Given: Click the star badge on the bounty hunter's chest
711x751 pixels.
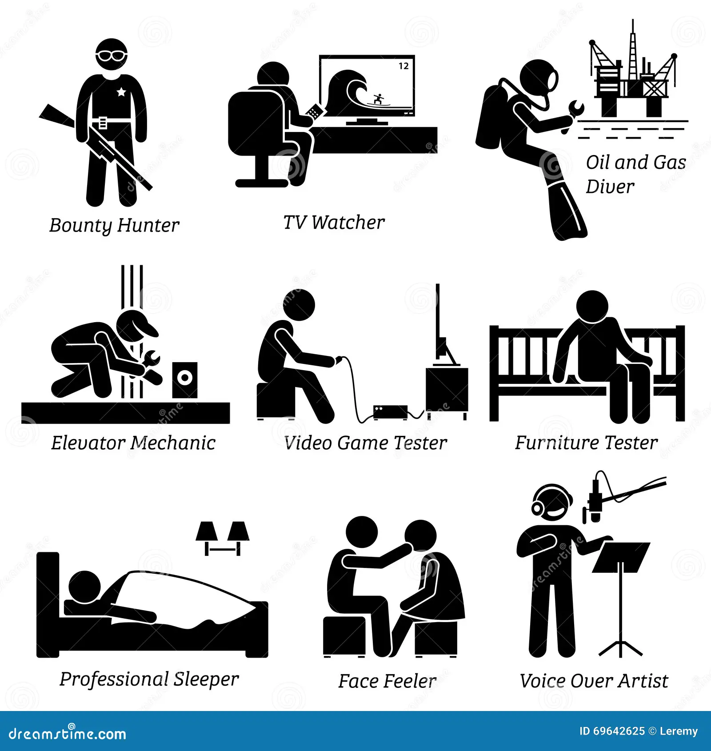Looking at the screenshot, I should pos(121,92).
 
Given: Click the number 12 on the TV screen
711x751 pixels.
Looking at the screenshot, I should pos(403,66).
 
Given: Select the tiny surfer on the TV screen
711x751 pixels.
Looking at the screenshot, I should pos(378,99).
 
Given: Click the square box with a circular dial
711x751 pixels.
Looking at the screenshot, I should pos(185,379).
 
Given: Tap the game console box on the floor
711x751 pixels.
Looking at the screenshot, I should pos(390,411).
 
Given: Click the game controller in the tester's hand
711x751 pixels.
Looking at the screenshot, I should pos(339,360).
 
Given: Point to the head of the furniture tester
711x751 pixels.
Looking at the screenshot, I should pos(592,307).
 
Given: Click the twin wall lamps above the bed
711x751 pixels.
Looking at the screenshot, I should pos(223,537).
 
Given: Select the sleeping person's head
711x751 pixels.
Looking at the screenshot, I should pos(84,587).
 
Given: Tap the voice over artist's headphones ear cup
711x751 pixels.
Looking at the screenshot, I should pos(538,507).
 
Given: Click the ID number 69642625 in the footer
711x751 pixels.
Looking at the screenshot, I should pos(619,731).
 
